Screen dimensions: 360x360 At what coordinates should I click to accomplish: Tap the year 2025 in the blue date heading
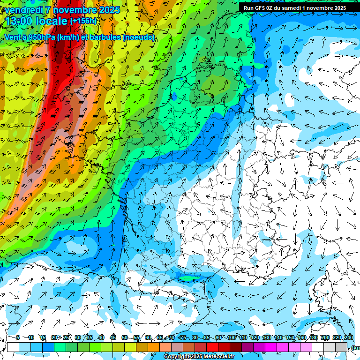108,10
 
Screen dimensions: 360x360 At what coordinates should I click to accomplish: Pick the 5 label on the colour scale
18,337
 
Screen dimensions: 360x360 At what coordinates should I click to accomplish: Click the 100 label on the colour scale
231,337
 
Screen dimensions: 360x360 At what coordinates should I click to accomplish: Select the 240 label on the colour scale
349,337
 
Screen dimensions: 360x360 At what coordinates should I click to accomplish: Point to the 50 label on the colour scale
125,337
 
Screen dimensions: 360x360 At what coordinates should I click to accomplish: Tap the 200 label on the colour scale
325,337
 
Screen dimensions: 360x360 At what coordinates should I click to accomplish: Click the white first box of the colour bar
13,347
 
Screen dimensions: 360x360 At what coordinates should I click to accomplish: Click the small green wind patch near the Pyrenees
189,278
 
